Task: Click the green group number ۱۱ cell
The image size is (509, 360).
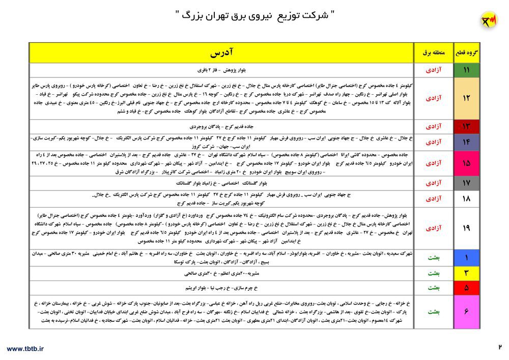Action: [x=466, y=70]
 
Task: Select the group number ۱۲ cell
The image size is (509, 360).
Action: [x=466, y=98]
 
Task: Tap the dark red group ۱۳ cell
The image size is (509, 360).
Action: [x=466, y=126]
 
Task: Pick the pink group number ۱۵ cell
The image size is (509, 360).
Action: [x=466, y=163]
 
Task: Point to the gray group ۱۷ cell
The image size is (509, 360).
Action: [x=466, y=183]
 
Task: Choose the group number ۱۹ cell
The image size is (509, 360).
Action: [x=466, y=228]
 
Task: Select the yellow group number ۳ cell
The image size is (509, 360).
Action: [x=466, y=273]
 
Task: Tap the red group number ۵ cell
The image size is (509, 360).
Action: [x=466, y=288]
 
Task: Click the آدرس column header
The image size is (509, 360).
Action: [x=221, y=53]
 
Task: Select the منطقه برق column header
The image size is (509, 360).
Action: [x=434, y=53]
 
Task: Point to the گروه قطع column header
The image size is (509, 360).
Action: [x=466, y=53]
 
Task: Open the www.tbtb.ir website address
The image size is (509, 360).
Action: [x=25, y=348]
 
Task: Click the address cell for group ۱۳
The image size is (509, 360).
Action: [x=221, y=126]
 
